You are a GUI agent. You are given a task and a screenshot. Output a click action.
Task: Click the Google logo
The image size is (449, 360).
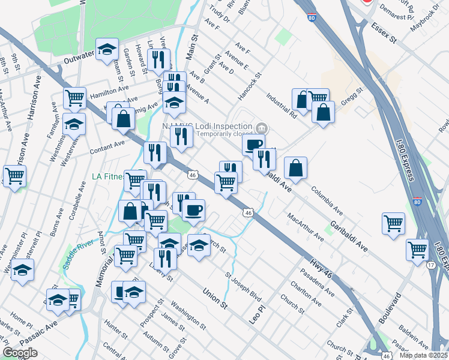pos(20,353)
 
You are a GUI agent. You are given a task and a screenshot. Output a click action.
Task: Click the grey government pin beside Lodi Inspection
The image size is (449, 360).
pos(261,128)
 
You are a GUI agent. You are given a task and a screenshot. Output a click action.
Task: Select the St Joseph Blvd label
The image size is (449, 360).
pos(243,288)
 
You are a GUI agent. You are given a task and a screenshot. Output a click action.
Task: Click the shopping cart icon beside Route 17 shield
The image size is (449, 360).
pos(417,249)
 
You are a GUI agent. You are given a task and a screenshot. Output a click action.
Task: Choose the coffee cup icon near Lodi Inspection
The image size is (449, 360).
pos(253,145)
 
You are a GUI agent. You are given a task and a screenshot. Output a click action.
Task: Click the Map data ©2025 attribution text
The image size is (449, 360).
pos(423,355)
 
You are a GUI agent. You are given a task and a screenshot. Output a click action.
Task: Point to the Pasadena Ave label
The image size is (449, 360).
pos(319,281)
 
